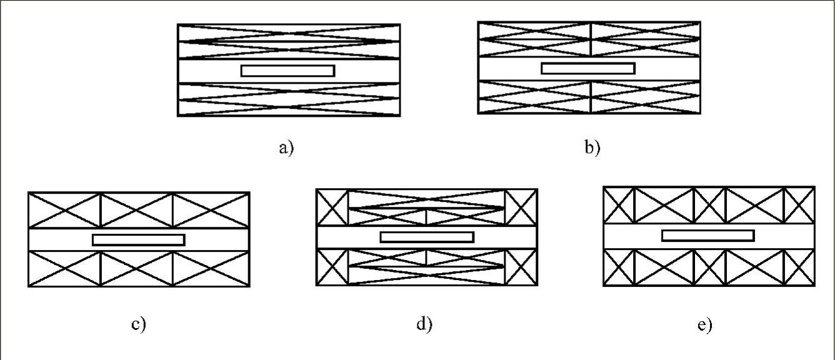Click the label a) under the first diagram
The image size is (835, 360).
(286, 149)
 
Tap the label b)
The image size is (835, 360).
(592, 149)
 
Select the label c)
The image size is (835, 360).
(139, 325)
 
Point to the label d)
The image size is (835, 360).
(425, 325)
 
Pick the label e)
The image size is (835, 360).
(704, 325)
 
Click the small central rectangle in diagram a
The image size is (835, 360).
(287, 71)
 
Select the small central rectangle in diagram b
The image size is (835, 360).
(588, 68)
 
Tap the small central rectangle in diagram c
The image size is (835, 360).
(138, 239)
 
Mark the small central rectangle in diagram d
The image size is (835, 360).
(427, 237)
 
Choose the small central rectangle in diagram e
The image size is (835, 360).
(707, 236)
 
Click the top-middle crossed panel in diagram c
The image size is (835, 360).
(136, 210)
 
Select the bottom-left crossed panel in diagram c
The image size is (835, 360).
(64, 268)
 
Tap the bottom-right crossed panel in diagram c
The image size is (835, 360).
(211, 268)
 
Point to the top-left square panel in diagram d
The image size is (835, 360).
(332, 207)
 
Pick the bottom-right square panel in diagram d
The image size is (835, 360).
(521, 266)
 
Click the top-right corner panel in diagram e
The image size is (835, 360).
(799, 204)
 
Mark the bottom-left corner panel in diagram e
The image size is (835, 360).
(619, 267)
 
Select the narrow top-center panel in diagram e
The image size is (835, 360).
(709, 204)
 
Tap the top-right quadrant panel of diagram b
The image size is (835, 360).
(645, 39)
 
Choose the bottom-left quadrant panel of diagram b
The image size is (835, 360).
(534, 97)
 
